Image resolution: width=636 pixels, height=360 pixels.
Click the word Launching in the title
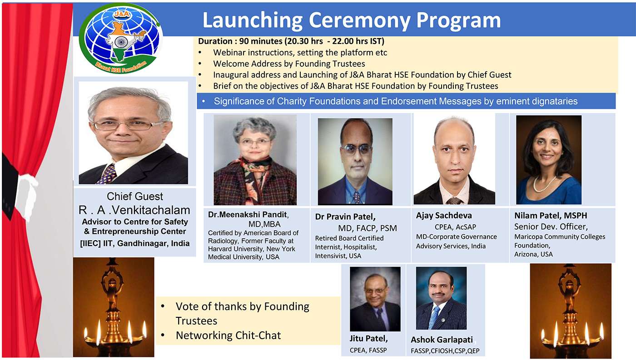[x=253, y=20]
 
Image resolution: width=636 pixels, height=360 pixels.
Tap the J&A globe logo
[x=120, y=38]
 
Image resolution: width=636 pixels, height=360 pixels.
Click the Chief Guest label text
[x=135, y=196]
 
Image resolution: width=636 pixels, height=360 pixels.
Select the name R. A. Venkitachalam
[x=134, y=210]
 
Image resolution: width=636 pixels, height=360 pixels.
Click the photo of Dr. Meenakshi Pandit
[x=255, y=160]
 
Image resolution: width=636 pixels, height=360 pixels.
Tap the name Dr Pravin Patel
[x=345, y=217]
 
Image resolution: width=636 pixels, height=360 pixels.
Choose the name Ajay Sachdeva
[x=444, y=216]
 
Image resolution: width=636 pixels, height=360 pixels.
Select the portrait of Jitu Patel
[x=375, y=299]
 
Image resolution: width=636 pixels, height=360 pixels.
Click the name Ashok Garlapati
[x=442, y=340]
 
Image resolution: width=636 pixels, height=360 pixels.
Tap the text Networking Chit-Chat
[x=228, y=335]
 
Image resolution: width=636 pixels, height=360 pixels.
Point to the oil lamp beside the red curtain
[x=114, y=307]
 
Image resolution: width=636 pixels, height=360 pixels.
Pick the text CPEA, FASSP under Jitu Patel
[x=368, y=350]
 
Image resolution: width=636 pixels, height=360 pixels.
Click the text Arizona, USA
[x=533, y=254]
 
